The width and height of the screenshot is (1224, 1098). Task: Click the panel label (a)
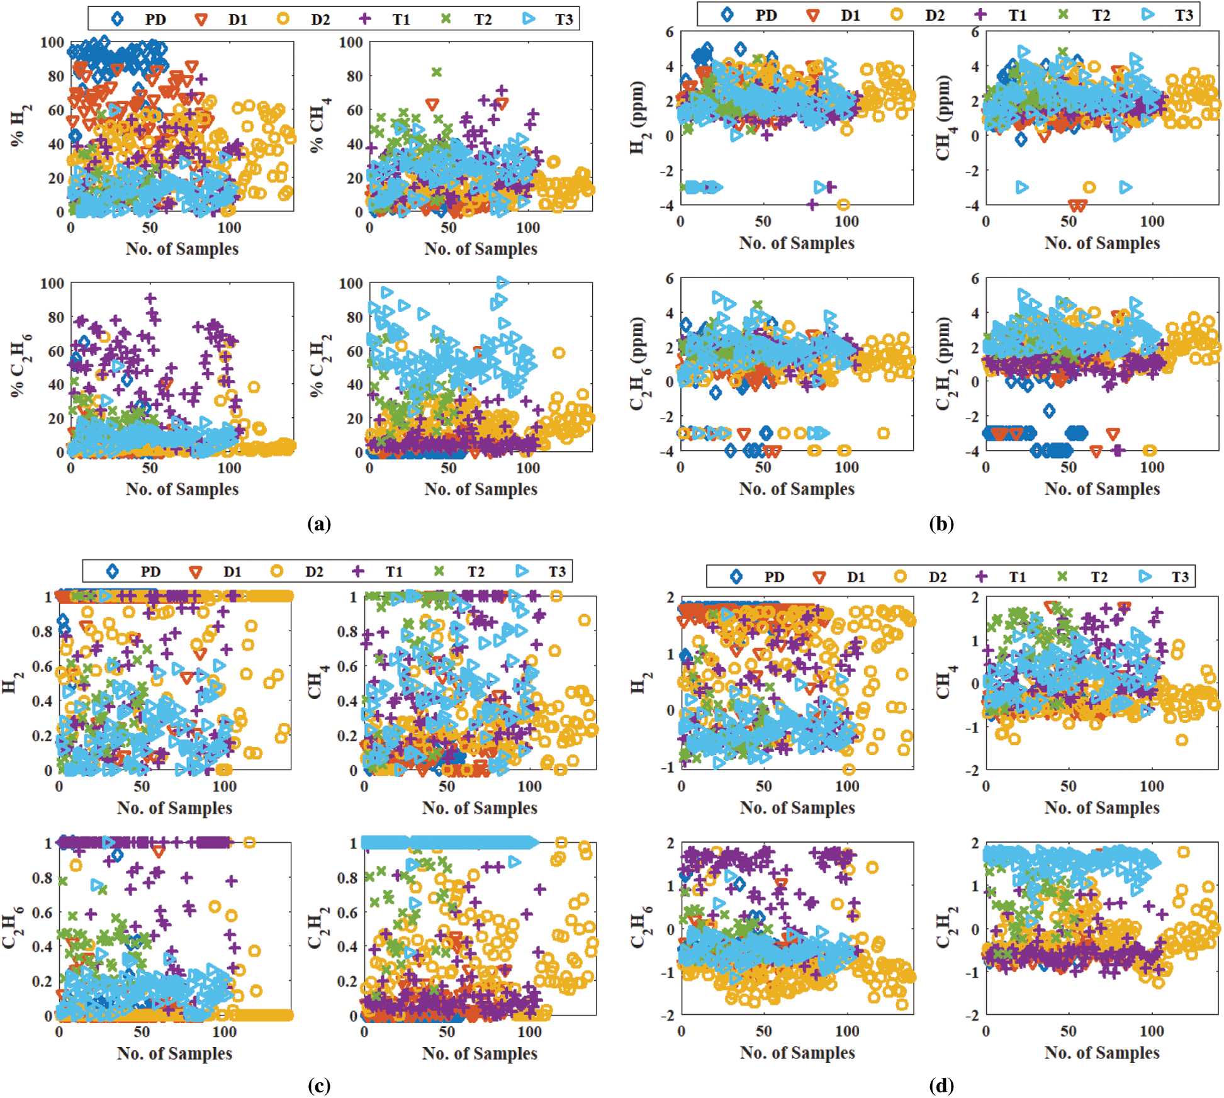(319, 524)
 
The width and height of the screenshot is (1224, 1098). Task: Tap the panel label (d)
(941, 1085)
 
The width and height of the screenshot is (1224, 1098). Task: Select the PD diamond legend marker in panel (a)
(117, 19)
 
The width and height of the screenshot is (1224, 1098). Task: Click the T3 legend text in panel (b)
(1184, 15)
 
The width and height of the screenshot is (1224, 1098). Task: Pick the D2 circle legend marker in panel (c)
(276, 571)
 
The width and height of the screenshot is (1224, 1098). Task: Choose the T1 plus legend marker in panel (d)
(980, 576)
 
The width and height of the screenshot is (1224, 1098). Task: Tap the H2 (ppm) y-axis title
(637, 118)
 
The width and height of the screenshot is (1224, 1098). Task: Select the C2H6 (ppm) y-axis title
(637, 364)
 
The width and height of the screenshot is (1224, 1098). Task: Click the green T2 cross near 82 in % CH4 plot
(436, 72)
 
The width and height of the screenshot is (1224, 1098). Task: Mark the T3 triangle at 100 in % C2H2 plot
(502, 282)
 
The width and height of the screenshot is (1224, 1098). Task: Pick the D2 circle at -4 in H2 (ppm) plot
(843, 204)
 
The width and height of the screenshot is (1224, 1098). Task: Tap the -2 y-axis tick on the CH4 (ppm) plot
(972, 171)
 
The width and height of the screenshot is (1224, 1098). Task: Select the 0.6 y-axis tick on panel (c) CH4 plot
(348, 666)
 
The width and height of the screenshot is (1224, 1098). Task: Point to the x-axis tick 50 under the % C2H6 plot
(150, 468)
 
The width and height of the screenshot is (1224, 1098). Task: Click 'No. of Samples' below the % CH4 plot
(481, 249)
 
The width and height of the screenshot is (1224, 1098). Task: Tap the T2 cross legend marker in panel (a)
(446, 19)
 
